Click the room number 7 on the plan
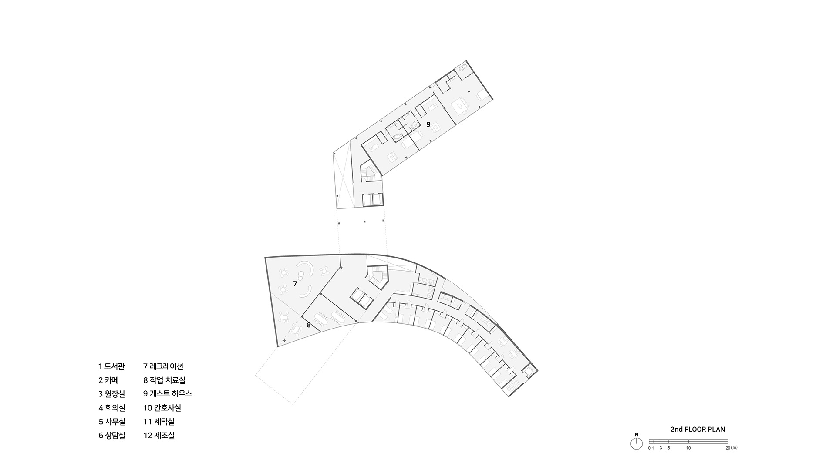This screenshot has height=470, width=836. [295, 284]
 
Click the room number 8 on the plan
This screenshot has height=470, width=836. [309, 325]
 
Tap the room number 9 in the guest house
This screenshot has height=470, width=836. [428, 124]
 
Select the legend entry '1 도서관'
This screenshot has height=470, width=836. [111, 366]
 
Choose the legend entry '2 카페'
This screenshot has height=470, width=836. [108, 380]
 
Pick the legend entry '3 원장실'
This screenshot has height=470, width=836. [111, 394]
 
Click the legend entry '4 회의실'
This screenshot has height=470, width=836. [111, 408]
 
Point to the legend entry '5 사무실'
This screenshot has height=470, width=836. [111, 421]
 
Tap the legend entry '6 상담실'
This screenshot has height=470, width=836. [111, 435]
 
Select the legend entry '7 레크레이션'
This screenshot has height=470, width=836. [163, 366]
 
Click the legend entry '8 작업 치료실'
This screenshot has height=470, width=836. [164, 380]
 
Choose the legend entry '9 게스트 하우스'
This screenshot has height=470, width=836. [168, 394]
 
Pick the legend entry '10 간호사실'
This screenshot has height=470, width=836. [162, 408]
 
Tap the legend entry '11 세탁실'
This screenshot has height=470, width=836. [159, 421]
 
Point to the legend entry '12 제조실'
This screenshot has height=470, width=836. [159, 435]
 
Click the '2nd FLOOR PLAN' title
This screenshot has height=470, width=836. [698, 430]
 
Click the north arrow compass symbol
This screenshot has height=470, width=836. [637, 443]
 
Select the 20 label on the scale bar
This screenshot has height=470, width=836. [728, 448]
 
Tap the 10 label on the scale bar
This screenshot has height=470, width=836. [688, 448]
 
